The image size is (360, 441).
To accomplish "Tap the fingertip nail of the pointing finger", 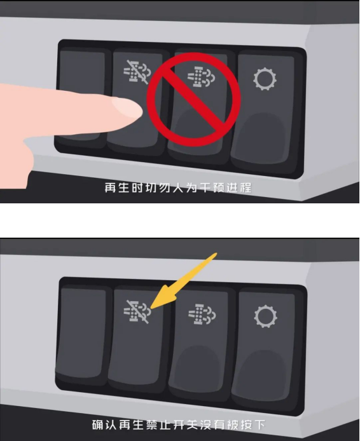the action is point(127,107).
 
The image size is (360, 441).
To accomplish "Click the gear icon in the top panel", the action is point(265,79).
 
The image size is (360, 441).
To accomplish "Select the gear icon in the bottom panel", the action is point(265,316).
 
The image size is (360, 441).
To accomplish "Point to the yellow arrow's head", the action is point(151,308).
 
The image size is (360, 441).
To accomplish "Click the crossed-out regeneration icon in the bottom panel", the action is point(137,312).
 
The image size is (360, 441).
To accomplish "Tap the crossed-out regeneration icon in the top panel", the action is point(137,72).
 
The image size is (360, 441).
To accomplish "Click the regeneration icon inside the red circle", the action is point(202,76).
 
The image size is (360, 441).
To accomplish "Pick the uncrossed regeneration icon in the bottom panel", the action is point(202,314).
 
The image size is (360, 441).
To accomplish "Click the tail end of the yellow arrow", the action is point(216,253).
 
